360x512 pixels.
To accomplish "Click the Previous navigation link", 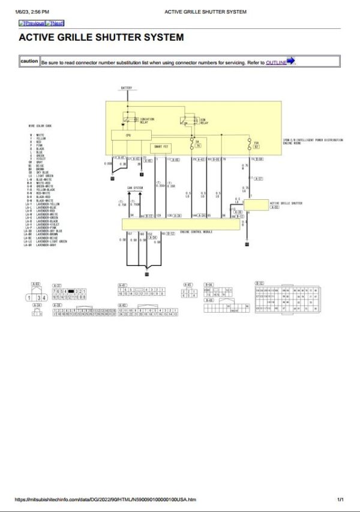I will pos(32,23).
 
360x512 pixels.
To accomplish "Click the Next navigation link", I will pos(55,23).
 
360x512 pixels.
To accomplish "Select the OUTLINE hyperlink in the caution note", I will pos(276,62).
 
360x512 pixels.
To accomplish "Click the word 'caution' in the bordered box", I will pos(29,61).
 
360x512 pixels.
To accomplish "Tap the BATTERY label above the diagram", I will pos(127,88).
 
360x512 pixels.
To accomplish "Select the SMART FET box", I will pos(161,146).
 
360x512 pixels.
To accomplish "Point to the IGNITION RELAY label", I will pos(147,120).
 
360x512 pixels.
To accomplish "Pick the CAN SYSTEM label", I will pos(135,188).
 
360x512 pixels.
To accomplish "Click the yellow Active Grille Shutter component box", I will pos(264,205).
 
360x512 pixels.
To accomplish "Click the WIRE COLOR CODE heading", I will pos(40,125).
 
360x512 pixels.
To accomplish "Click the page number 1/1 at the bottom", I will pos(340,499).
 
